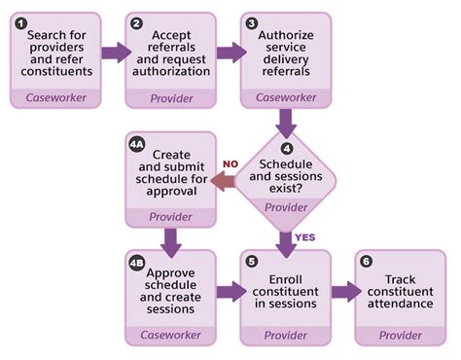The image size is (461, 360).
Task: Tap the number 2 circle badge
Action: tap(135, 22)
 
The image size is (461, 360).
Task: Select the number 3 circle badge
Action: tap(252, 22)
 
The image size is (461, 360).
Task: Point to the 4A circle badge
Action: tap(137, 143)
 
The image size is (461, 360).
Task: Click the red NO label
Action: tap(231, 163)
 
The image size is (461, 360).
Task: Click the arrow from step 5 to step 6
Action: tap(343, 291)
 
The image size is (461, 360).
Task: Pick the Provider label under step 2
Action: tap(171, 98)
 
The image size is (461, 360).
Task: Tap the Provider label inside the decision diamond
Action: tap(287, 207)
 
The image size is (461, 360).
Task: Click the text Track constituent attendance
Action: tap(400, 291)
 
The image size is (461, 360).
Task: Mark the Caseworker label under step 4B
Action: tap(171, 334)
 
